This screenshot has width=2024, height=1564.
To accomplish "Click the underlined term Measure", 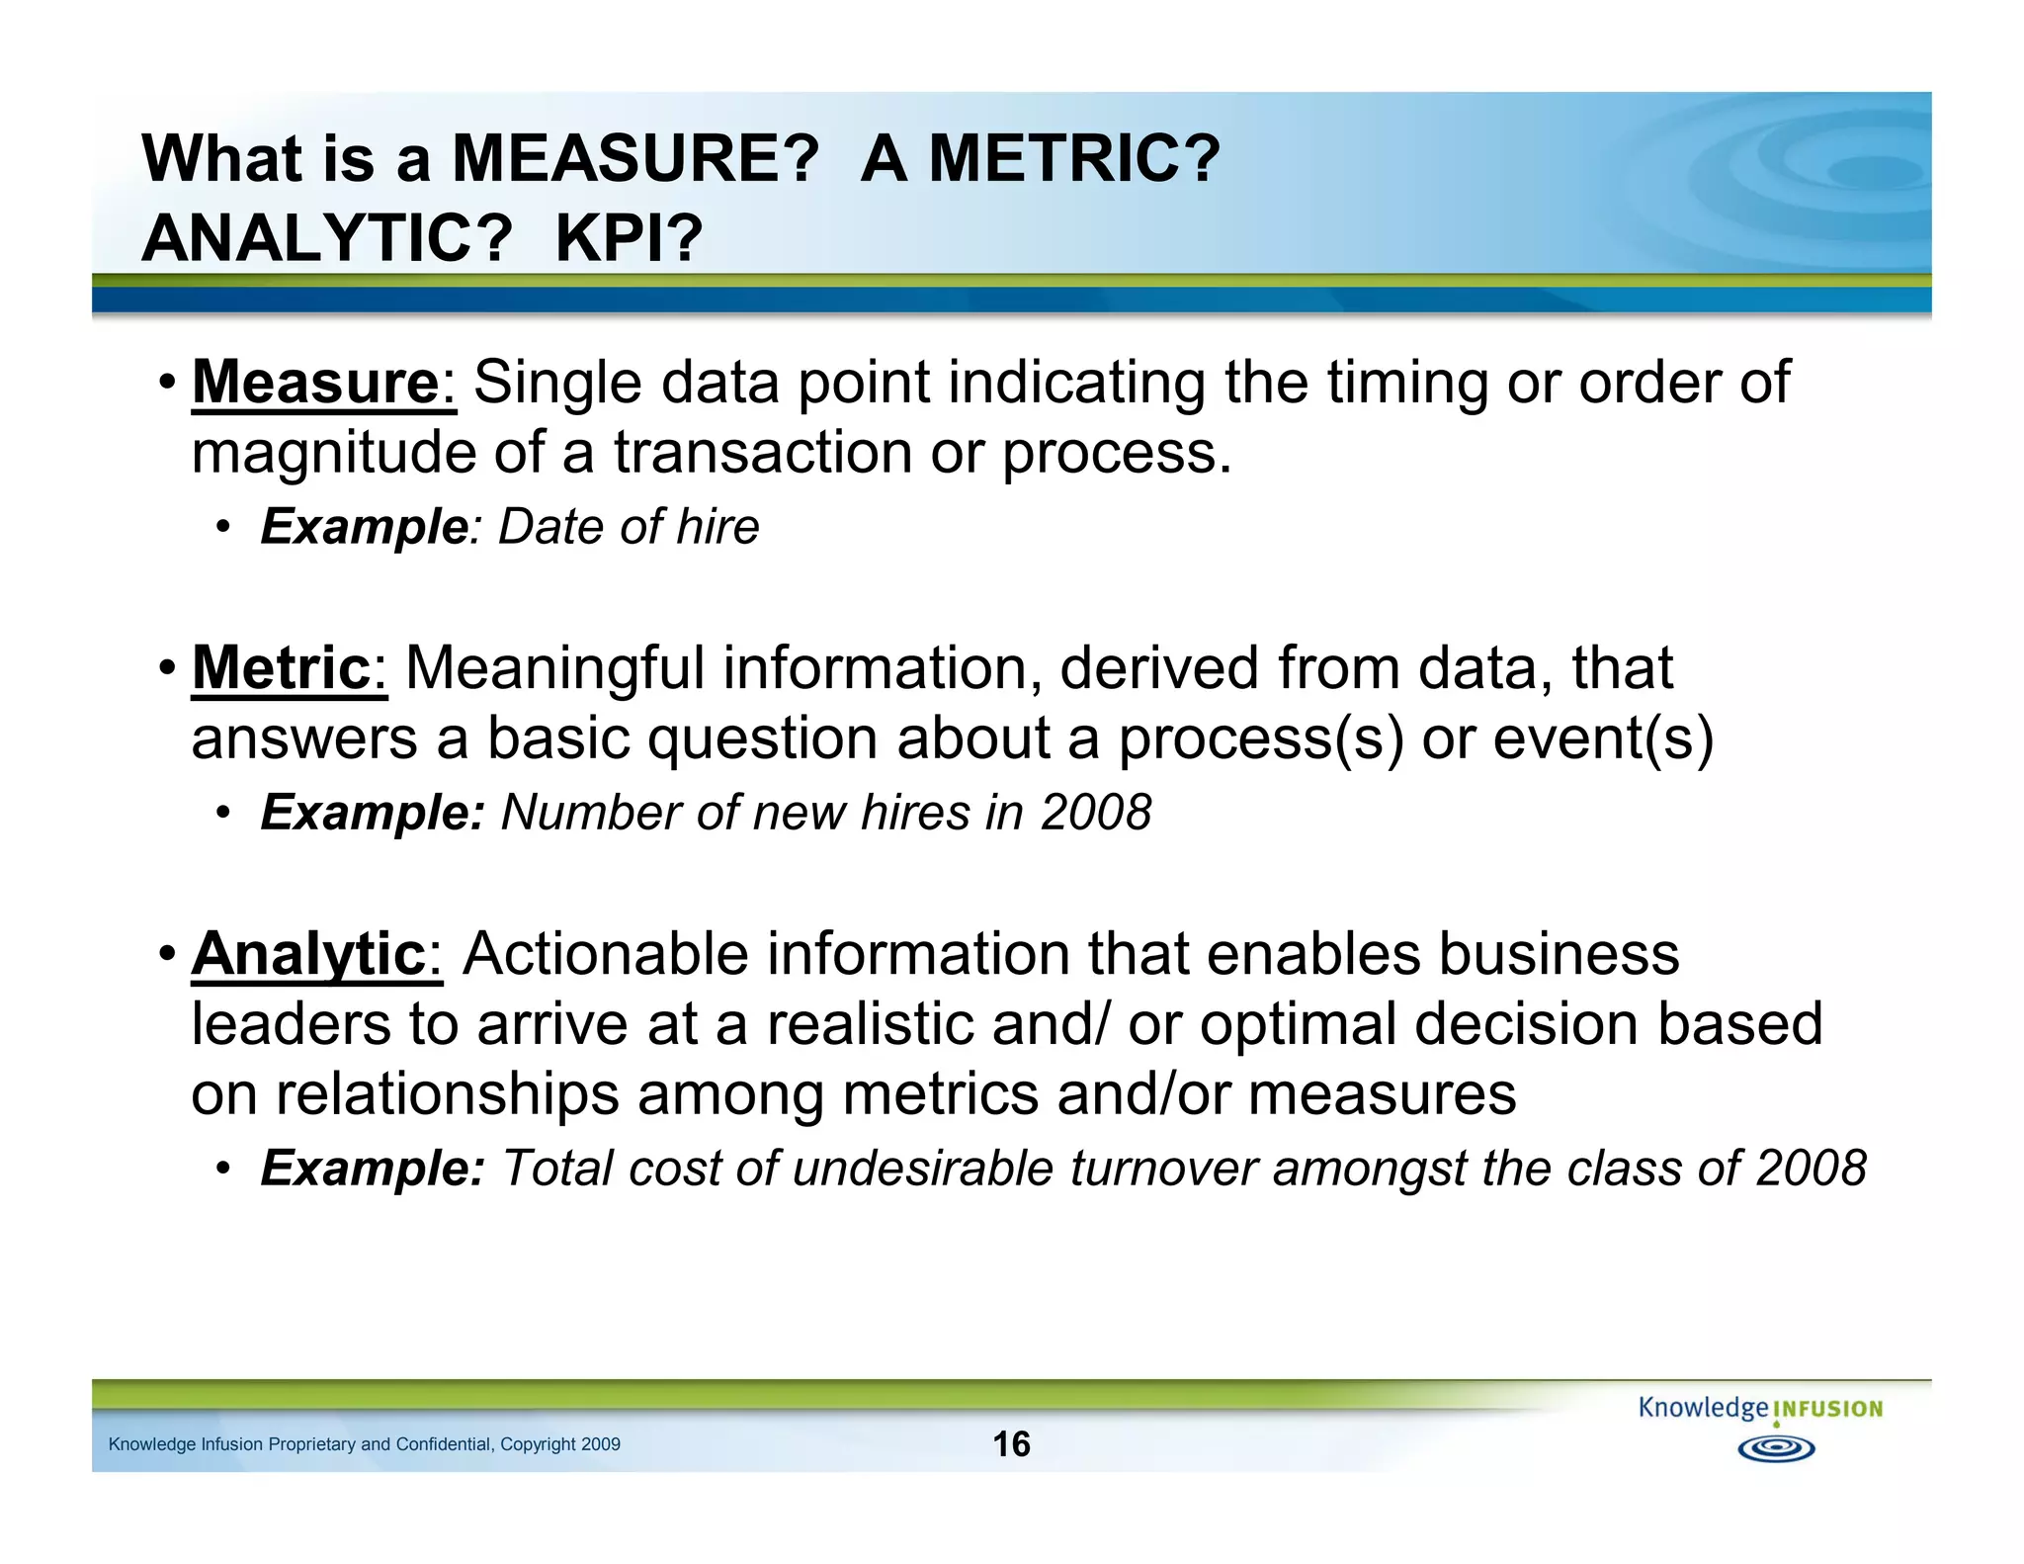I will coord(315,383).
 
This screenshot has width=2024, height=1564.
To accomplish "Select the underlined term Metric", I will coord(281,669).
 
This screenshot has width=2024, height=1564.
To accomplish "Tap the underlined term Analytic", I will coord(308,955).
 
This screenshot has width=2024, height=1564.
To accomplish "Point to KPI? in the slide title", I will coord(629,238).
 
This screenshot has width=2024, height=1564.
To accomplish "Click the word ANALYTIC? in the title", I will coord(327,238).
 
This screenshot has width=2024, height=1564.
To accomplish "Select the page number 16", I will coord(1011,1444).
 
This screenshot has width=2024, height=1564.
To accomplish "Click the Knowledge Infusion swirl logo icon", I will coord(1776,1448).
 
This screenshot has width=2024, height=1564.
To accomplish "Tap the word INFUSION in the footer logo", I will coord(1828,1410).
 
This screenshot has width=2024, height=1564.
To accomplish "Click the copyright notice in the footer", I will coord(364,1444).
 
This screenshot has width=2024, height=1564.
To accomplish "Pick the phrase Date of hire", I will coord(629,527).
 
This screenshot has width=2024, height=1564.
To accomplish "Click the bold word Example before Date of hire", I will coord(364,527).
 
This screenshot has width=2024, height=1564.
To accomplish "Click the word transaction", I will coord(762,454).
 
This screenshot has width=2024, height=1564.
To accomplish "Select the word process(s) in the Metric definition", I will coord(1260,739).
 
